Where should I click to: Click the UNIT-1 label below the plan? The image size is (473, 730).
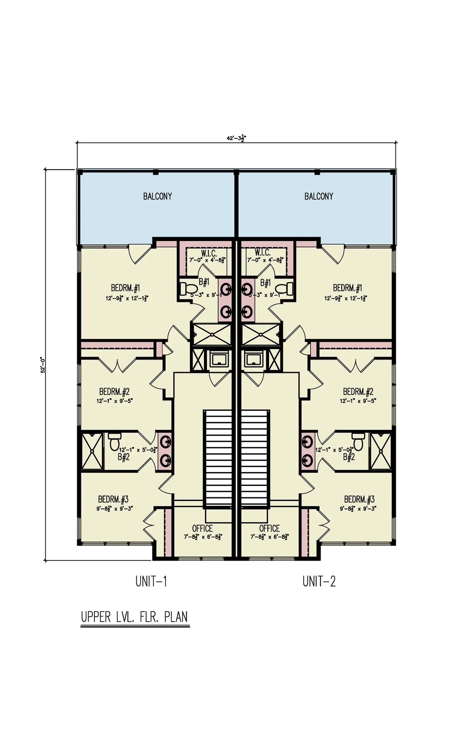coord(151,582)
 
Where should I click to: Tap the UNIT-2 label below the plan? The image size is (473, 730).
coord(319,582)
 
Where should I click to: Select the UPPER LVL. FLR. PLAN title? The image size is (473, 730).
coord(134,617)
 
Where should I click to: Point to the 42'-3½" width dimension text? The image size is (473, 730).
coord(236,138)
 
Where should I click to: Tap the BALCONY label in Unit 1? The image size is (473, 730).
coord(157,196)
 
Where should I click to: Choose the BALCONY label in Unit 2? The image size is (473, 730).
coord(319,196)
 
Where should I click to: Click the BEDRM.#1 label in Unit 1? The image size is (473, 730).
coord(125,288)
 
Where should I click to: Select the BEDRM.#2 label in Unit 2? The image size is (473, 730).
coord(358,392)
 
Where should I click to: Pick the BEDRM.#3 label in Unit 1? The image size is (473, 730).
coord(113,499)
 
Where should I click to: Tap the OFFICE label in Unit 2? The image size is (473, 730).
coord(269,528)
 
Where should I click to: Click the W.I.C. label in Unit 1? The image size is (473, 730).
coord(209,253)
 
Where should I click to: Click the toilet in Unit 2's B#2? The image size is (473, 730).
coord(358,441)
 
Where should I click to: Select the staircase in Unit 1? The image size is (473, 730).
coord(218,458)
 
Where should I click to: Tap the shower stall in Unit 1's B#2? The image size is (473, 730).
coord(92,452)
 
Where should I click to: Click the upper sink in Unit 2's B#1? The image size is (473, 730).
coord(247,289)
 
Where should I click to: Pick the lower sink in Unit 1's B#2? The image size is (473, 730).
coord(166,460)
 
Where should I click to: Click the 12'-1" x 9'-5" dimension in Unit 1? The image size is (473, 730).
coord(114,401)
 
